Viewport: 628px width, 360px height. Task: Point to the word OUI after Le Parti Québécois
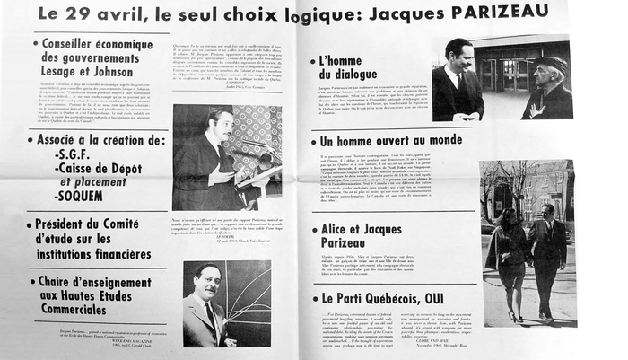click(435, 298)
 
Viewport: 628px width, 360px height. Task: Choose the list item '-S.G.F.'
click(80, 156)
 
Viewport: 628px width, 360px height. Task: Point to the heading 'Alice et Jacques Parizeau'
click(355, 237)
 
